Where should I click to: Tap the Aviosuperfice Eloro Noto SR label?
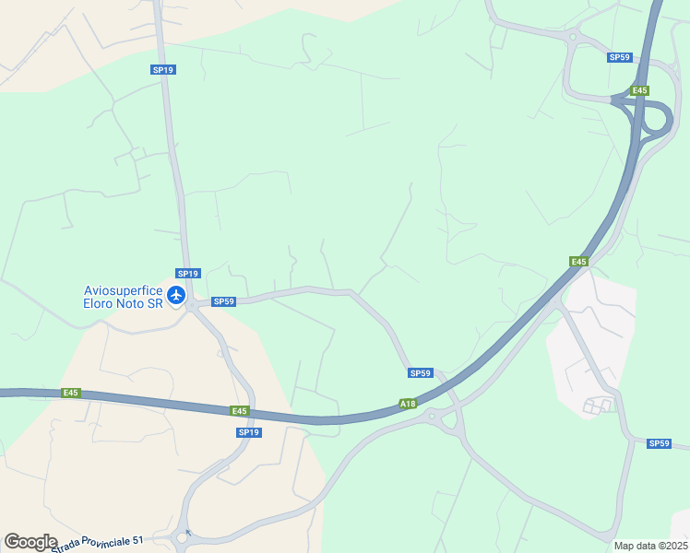pyautogui.click(x=123, y=297)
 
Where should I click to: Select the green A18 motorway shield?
pyautogui.click(x=408, y=404)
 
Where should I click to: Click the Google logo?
pyautogui.click(x=30, y=542)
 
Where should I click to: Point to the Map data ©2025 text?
pyautogui.click(x=650, y=546)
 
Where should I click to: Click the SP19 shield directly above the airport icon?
pyautogui.click(x=188, y=273)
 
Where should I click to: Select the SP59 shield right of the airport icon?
pyautogui.click(x=224, y=301)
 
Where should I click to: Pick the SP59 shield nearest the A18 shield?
pyautogui.click(x=420, y=372)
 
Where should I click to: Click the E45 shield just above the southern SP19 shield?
pyautogui.click(x=240, y=410)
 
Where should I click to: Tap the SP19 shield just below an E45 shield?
pyautogui.click(x=249, y=432)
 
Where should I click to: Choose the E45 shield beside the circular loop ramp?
pyautogui.click(x=640, y=90)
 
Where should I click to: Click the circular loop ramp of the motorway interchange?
pyautogui.click(x=656, y=117)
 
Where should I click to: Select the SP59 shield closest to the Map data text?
pyautogui.click(x=659, y=443)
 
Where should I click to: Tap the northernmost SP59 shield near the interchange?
pyautogui.click(x=619, y=57)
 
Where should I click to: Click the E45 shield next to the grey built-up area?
pyautogui.click(x=578, y=262)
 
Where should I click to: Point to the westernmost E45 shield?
pyautogui.click(x=71, y=393)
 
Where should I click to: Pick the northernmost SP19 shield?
pyautogui.click(x=163, y=69)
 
